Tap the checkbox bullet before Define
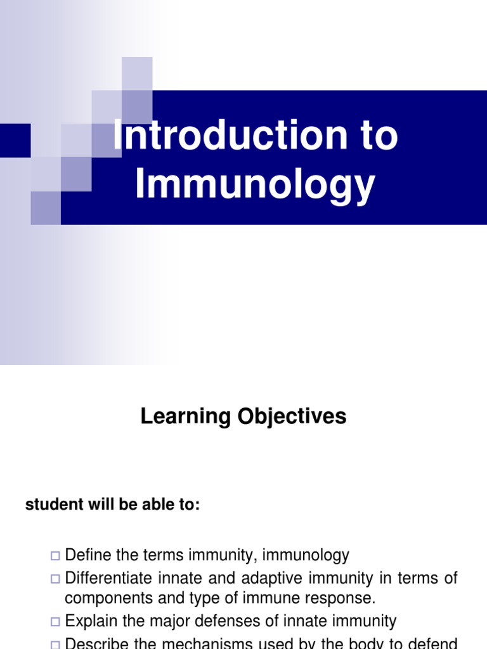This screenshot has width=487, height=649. point(55,556)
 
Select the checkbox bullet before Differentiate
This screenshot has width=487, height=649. point(55,579)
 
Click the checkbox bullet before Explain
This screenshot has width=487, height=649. point(55,622)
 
